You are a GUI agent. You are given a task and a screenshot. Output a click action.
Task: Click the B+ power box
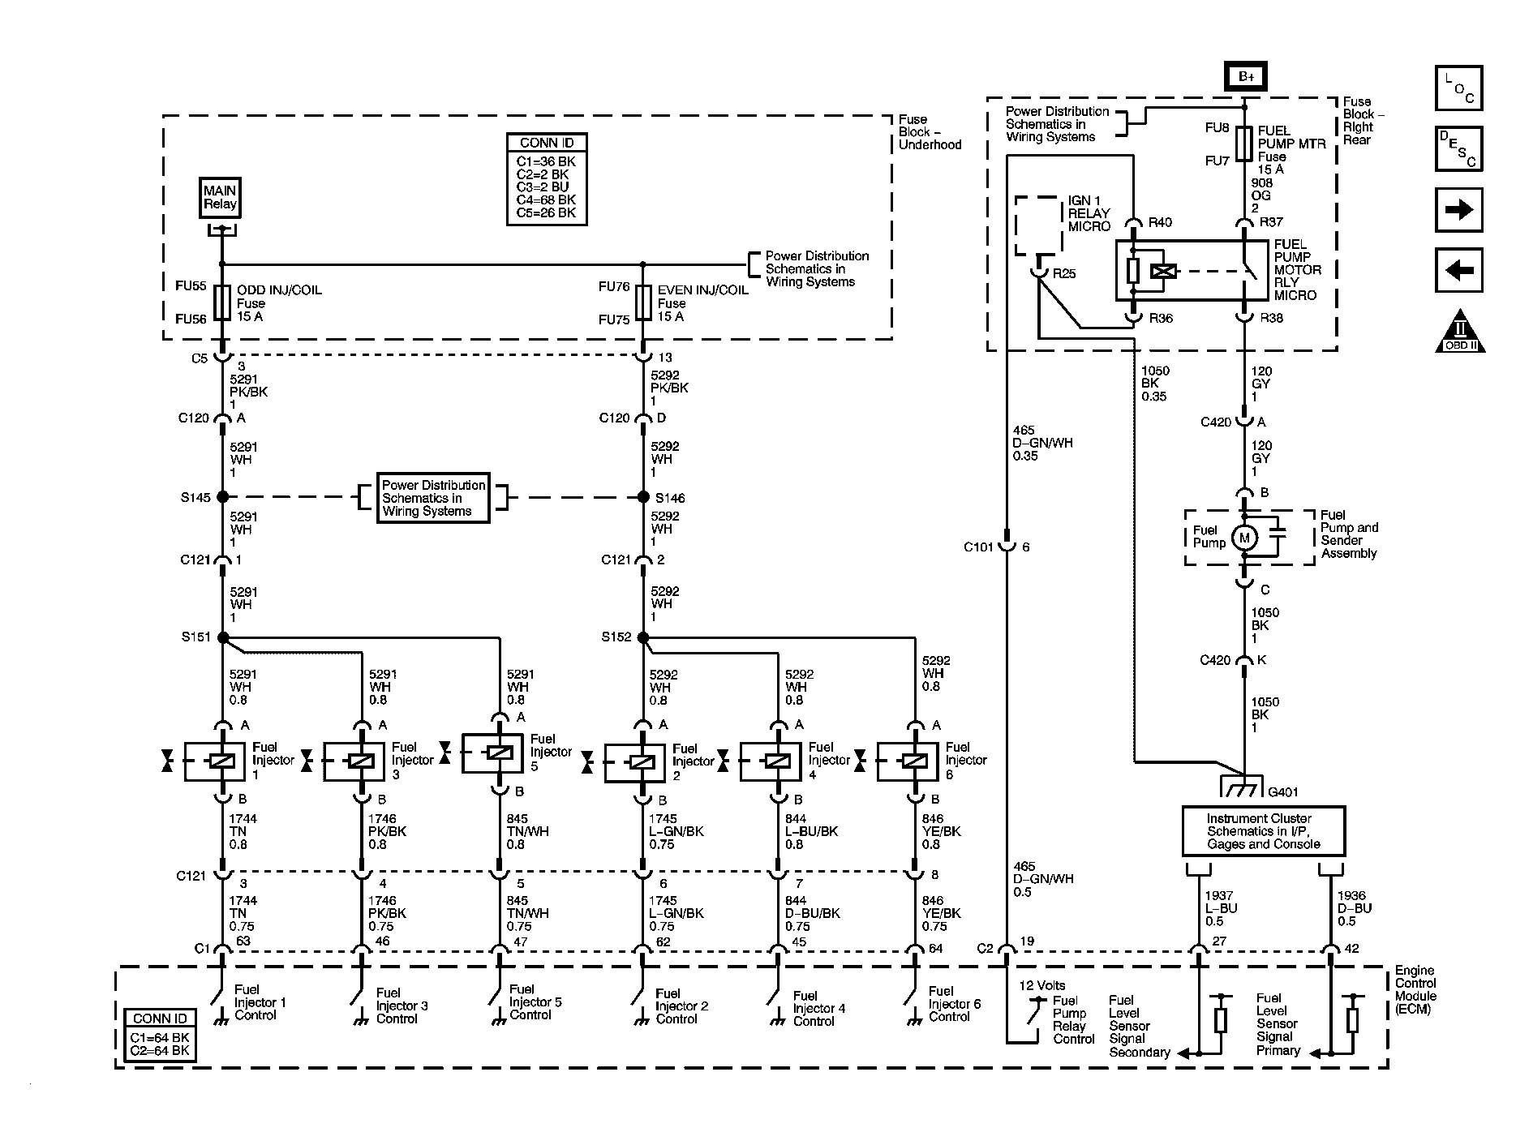pyautogui.click(x=1245, y=78)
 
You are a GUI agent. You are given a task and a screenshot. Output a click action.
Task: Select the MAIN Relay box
pyautogui.click(x=220, y=197)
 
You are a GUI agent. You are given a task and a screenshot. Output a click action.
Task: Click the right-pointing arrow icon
pyautogui.click(x=1458, y=211)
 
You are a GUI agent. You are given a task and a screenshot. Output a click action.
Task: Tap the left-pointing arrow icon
pyautogui.click(x=1458, y=270)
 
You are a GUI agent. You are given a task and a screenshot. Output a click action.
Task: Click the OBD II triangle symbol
pyautogui.click(x=1460, y=332)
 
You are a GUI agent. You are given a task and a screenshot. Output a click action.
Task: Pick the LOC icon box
pyautogui.click(x=1458, y=88)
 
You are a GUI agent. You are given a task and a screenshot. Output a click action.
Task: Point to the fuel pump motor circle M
pyautogui.click(x=1244, y=538)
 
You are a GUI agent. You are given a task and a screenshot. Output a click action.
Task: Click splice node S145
pyautogui.click(x=222, y=496)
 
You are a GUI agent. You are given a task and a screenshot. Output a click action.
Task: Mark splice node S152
pyautogui.click(x=643, y=638)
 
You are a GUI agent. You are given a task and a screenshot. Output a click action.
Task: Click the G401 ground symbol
pyautogui.click(x=1241, y=787)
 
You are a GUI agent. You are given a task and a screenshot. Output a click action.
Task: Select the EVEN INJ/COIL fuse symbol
pyautogui.click(x=643, y=302)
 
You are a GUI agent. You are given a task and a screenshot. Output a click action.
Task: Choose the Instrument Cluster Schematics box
pyautogui.click(x=1263, y=831)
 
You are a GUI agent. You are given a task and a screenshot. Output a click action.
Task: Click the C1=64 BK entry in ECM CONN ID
pyautogui.click(x=160, y=1037)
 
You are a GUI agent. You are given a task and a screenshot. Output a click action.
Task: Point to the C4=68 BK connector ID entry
pyautogui.click(x=546, y=199)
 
